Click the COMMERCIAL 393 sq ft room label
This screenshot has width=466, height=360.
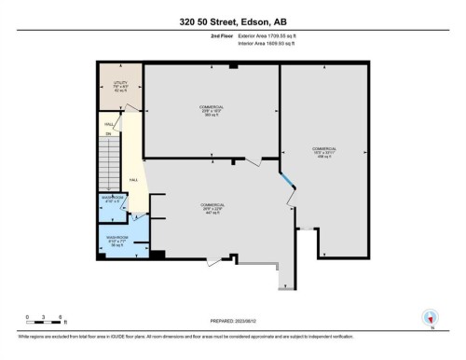212,111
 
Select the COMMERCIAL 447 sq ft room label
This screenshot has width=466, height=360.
212,208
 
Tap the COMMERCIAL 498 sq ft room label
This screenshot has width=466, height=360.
323,152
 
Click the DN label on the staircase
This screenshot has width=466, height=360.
108,134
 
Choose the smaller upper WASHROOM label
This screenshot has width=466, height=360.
113,199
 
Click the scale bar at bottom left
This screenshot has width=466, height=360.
45,322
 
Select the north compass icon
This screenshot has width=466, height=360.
430,317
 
